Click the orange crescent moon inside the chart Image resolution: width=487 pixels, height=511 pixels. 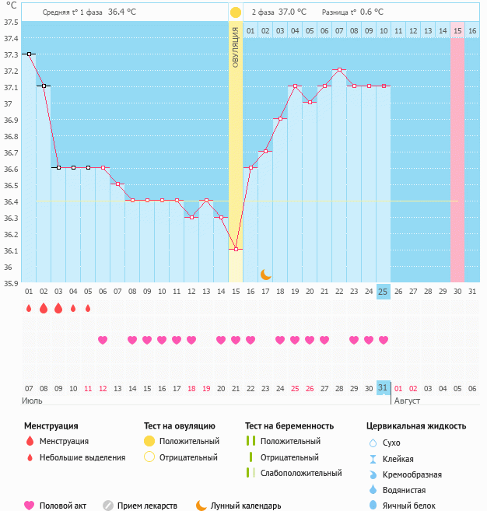tap(266, 274)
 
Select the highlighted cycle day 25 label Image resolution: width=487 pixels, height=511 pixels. tap(383, 291)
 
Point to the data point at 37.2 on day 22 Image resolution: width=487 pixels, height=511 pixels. tap(340, 70)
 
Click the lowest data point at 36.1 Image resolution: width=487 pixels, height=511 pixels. tap(236, 250)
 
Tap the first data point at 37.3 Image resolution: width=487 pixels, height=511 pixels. tap(29, 54)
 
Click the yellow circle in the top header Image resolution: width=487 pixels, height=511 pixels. tap(236, 12)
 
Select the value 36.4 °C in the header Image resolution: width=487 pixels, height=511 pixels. tap(122, 12)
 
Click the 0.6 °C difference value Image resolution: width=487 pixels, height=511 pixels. tap(372, 12)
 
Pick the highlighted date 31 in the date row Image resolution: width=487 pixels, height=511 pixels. tap(383, 387)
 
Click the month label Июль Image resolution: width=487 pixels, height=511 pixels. tap(32, 401)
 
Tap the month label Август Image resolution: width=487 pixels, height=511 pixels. tap(406, 401)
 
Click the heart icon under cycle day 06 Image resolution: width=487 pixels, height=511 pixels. tap(103, 340)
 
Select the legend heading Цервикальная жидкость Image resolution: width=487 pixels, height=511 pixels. tap(416, 425)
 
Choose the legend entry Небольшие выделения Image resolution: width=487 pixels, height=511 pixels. tap(82, 457)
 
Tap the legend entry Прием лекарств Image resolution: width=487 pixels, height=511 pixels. tap(147, 506)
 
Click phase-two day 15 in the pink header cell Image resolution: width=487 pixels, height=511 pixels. tap(457, 30)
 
